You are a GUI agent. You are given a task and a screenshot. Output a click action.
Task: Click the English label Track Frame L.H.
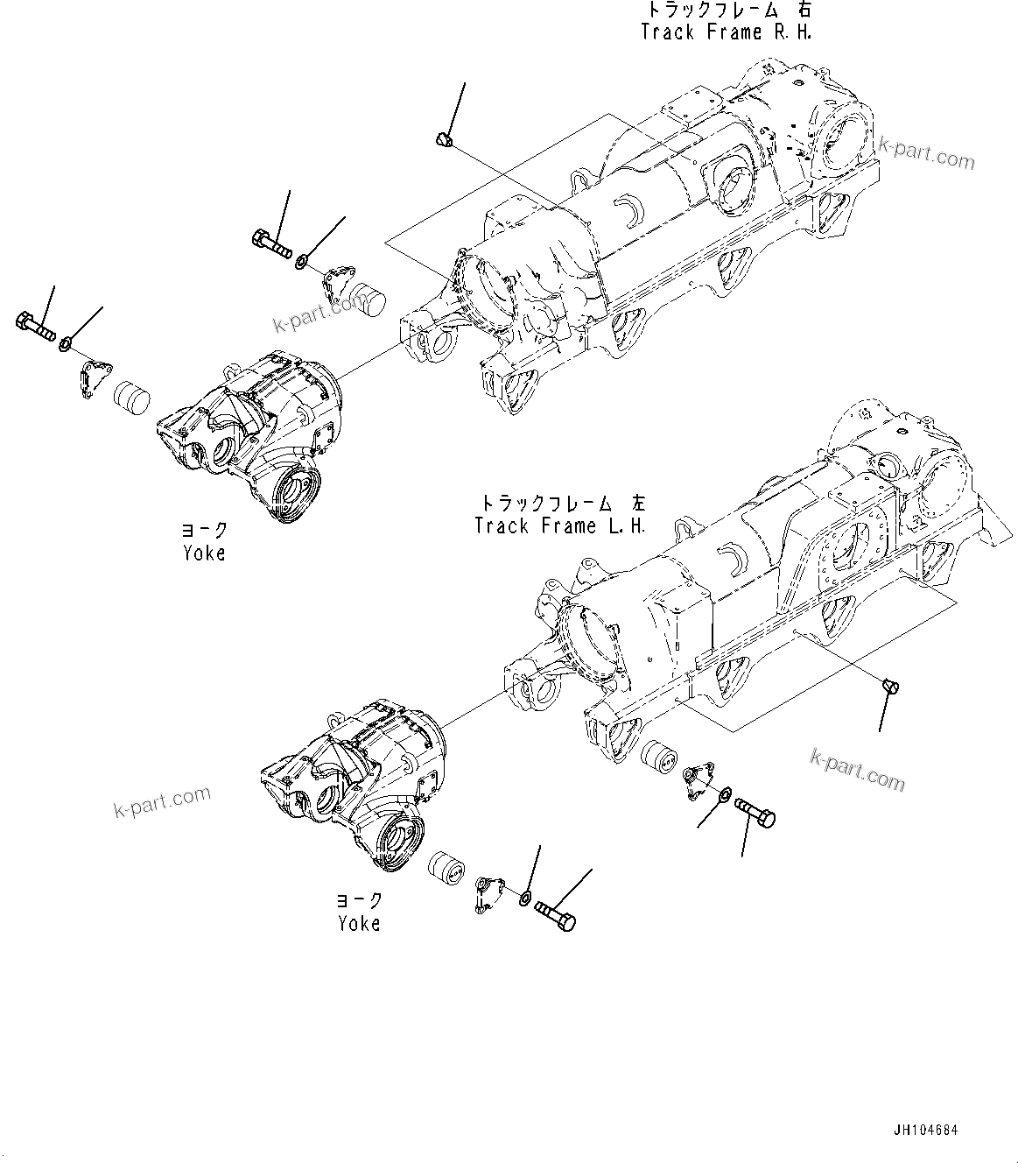pos(560,526)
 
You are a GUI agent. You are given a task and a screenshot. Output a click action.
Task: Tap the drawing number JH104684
pos(926,1130)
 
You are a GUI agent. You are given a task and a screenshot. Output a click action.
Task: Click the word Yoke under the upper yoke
pos(204,553)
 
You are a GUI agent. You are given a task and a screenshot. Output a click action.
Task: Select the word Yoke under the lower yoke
pos(359,923)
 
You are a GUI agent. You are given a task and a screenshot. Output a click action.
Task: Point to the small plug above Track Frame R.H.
pos(444,138)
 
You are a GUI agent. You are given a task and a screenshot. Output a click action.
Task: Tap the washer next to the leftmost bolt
pos(66,345)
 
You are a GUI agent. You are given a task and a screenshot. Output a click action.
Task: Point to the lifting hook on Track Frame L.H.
pos(684,529)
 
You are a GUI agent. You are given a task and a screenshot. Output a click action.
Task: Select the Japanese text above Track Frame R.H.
pos(728,10)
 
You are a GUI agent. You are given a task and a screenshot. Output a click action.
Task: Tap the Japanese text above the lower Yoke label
pos(359,900)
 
